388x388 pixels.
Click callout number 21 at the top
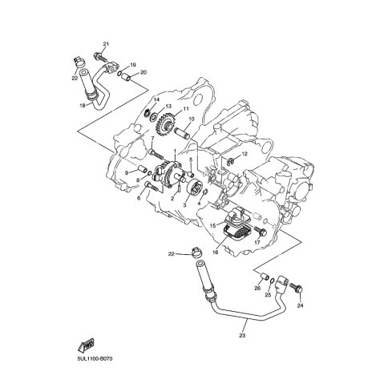pos(106,44)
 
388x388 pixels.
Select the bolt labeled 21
pos(100,57)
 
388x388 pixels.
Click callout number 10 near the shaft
pos(192,119)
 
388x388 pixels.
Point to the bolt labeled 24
pos(296,289)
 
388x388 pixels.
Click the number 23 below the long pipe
pos(242,336)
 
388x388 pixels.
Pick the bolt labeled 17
pos(260,231)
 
